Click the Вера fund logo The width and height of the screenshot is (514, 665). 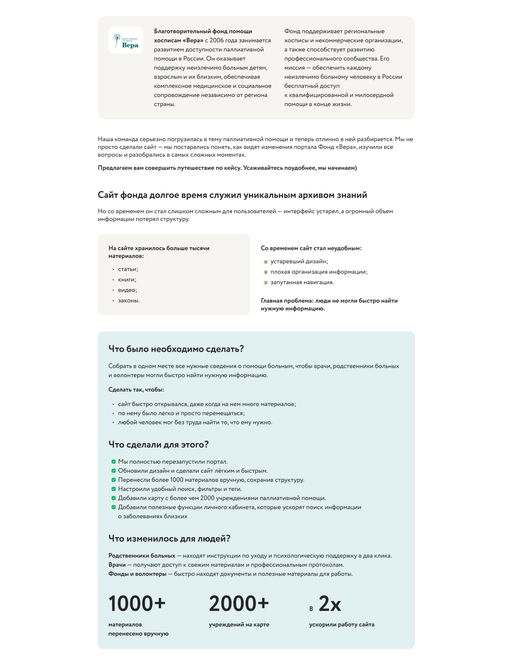click(x=126, y=40)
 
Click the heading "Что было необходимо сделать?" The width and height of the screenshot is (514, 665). click(x=176, y=349)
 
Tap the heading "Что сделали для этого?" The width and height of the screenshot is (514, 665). click(x=158, y=444)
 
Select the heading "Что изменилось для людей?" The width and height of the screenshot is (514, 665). click(x=169, y=538)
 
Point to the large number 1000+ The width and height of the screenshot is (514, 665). click(x=137, y=604)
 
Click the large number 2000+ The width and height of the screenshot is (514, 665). click(x=239, y=604)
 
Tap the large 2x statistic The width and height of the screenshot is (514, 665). click(x=329, y=604)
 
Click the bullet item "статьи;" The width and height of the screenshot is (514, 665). click(x=128, y=269)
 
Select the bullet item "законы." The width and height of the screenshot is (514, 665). click(x=129, y=300)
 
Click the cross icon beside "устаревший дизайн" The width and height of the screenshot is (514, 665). click(x=266, y=262)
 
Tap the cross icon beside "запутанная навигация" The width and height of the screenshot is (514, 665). click(x=266, y=283)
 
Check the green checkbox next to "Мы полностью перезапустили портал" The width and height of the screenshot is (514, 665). click(x=114, y=462)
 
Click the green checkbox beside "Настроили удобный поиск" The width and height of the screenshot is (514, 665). click(x=114, y=489)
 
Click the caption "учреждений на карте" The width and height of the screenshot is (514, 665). click(x=239, y=624)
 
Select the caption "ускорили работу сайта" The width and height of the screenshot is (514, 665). click(x=342, y=624)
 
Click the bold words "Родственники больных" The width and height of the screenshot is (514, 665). click(x=142, y=556)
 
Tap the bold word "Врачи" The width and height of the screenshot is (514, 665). click(x=117, y=565)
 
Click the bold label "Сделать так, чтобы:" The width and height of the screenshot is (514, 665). click(x=136, y=389)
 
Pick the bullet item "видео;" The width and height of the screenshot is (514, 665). click(x=127, y=290)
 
